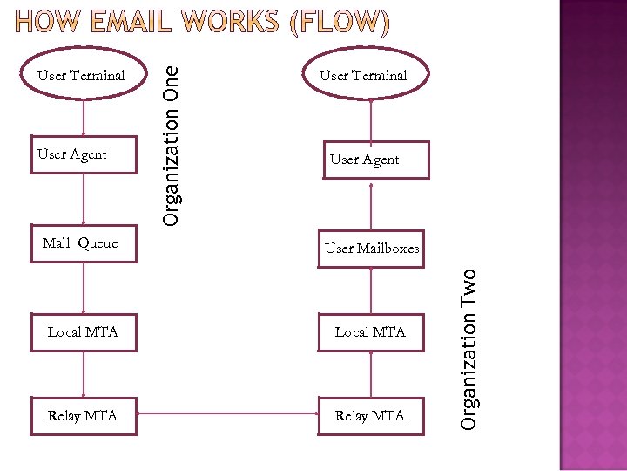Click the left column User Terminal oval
pos(82,76)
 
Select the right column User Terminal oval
pos(371,76)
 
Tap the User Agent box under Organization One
pos(84,155)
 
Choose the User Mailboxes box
pos(372,249)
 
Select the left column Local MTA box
pos(84,332)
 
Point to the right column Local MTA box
pos(371,332)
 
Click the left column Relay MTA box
pos(84,416)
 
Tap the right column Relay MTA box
pos(371,416)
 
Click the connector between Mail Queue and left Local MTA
pos(84,288)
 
